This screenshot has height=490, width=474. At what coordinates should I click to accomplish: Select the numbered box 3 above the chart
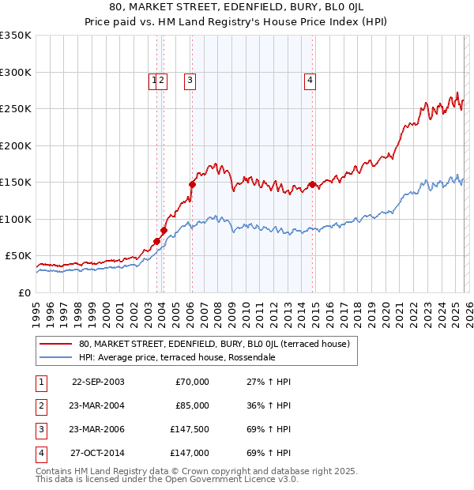click(x=191, y=79)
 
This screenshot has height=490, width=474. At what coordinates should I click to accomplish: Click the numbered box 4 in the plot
click(x=311, y=79)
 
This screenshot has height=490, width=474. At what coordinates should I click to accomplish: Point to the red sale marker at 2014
click(x=313, y=184)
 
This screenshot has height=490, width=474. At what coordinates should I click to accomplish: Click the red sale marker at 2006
click(x=192, y=184)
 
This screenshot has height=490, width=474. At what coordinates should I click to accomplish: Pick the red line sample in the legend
click(x=56, y=344)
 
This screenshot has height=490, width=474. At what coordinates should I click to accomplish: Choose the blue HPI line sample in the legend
click(x=56, y=357)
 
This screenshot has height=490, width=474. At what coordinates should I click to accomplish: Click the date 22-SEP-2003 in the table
click(x=98, y=382)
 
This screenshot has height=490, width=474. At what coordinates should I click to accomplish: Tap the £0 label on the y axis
click(x=23, y=292)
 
